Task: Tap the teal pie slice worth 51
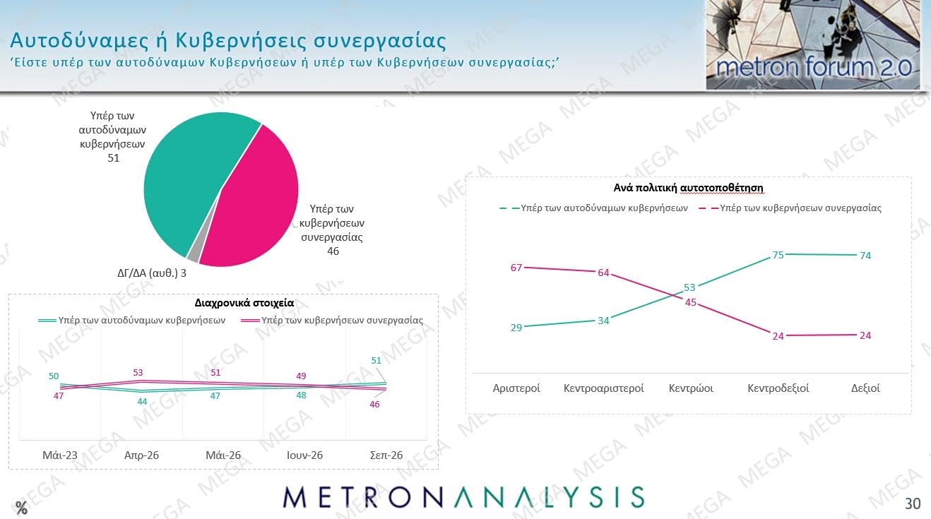click(191, 174)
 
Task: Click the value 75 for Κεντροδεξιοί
click(778, 255)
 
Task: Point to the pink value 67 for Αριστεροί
click(516, 268)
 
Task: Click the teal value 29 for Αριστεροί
click(516, 328)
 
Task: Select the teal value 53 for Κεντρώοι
click(689, 287)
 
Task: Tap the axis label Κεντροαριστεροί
click(603, 388)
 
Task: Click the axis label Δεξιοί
click(865, 388)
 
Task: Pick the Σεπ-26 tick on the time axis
click(386, 455)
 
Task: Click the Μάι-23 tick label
click(60, 455)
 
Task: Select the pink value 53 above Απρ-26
click(138, 372)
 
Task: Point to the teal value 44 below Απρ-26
click(142, 401)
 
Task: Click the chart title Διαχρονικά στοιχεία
click(244, 303)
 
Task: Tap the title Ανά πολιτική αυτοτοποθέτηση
click(688, 188)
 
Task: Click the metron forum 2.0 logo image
click(813, 44)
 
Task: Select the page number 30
click(913, 503)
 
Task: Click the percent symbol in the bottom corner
click(21, 508)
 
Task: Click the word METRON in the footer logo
click(362, 497)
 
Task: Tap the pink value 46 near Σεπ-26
click(374, 405)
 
